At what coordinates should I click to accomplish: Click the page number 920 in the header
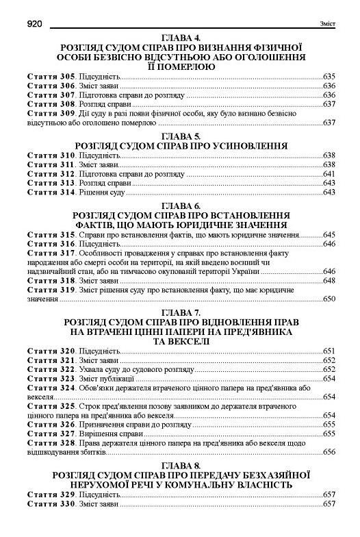point(36,23)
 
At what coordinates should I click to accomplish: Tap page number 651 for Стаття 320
point(328,351)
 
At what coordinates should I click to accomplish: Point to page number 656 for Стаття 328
point(328,452)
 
